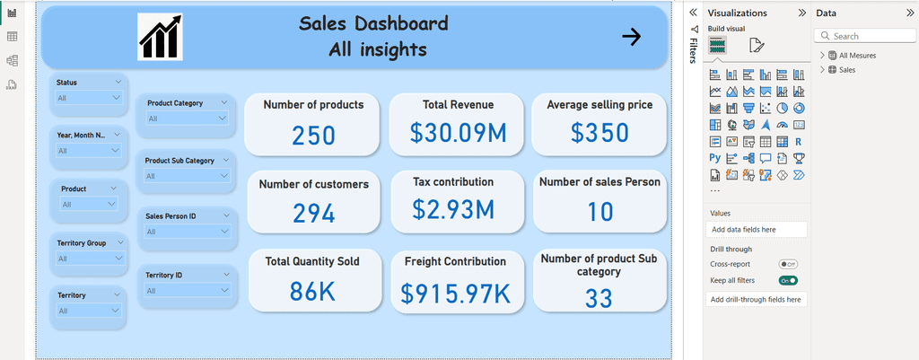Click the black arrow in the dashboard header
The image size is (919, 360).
[x=631, y=37]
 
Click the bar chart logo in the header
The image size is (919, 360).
[x=160, y=37]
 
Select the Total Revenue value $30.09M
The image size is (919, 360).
[x=458, y=133]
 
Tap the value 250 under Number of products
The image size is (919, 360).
[x=313, y=136]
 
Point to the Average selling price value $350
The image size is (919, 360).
[x=600, y=133]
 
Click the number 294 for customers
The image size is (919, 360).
[x=313, y=213]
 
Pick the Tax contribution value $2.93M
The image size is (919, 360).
[x=453, y=209]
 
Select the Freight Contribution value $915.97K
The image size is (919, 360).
[x=456, y=293]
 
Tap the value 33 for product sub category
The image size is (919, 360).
[x=599, y=297]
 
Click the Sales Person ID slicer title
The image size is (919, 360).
[x=171, y=215]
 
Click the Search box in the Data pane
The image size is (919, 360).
[x=864, y=36]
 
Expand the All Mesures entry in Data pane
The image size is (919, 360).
[x=823, y=56]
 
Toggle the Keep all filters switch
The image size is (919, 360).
[x=789, y=281]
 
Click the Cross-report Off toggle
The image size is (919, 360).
[x=789, y=264]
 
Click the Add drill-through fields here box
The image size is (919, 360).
[x=756, y=299]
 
